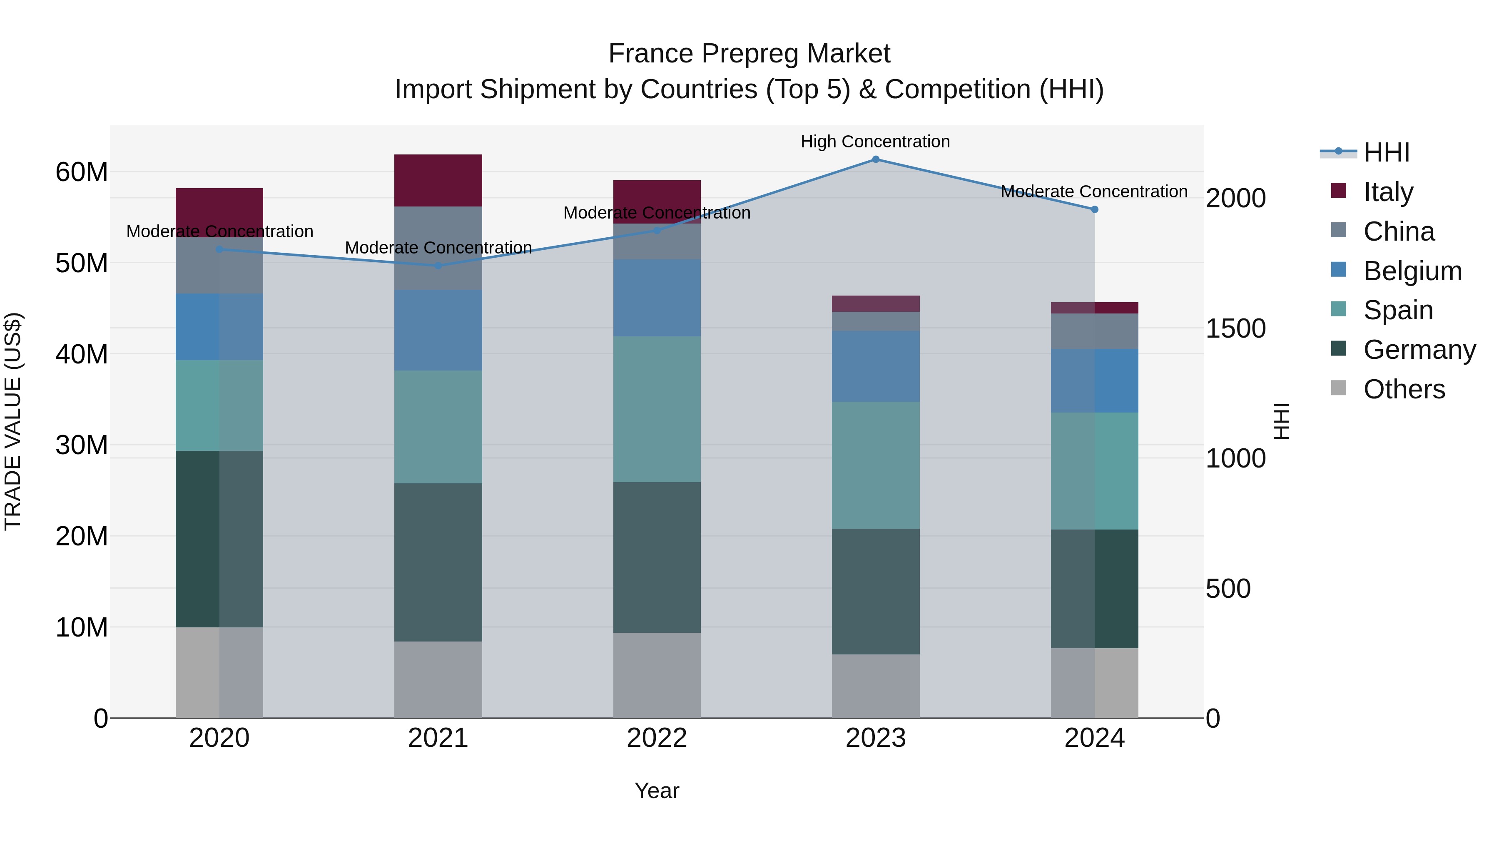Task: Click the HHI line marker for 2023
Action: (875, 159)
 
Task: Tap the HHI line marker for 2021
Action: (438, 266)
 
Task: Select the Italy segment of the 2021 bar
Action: (438, 180)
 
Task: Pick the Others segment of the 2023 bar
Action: (875, 686)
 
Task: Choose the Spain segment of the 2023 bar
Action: (875, 465)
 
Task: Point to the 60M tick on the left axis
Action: (82, 172)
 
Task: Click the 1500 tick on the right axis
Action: (1235, 329)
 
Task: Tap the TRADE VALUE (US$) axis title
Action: (13, 421)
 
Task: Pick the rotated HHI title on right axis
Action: (1281, 421)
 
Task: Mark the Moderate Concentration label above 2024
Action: (1093, 191)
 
